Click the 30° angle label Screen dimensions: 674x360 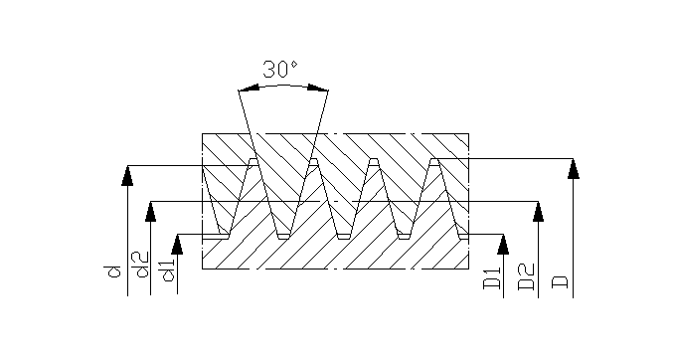[x=279, y=70]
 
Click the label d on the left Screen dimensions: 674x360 [x=113, y=271]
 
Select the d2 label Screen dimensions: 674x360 [x=140, y=265]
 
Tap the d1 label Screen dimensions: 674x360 [x=168, y=270]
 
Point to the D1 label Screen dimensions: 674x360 [x=492, y=277]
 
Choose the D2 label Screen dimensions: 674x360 [x=526, y=276]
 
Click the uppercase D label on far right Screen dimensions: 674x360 [x=560, y=282]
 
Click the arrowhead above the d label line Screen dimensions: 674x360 [x=127, y=175]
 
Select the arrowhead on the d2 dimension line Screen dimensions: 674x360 [x=150, y=211]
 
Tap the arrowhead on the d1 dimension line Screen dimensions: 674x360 [x=177, y=245]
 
